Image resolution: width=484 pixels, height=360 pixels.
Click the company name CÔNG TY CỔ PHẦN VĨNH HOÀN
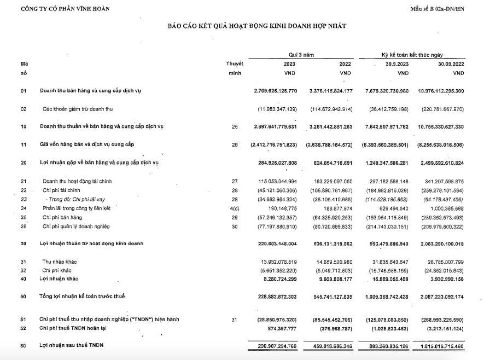coord(65,8)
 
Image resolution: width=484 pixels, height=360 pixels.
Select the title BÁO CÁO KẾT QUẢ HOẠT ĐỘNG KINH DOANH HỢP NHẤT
coord(256,26)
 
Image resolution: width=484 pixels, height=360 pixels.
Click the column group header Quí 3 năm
coord(301,55)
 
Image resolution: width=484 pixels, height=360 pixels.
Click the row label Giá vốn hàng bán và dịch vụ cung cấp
coord(86,144)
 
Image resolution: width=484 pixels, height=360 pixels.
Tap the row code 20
coord(24,162)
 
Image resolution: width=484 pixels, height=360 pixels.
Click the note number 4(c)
coord(235,208)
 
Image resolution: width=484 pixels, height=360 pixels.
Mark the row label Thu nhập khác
coord(60,262)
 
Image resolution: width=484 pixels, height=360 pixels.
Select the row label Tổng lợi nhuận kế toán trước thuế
coord(82,296)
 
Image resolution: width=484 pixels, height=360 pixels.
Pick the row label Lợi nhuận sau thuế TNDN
coord(71,345)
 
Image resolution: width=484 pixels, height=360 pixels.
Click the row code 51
coord(24,319)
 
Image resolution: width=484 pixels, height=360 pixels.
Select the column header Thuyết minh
coord(235,68)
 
